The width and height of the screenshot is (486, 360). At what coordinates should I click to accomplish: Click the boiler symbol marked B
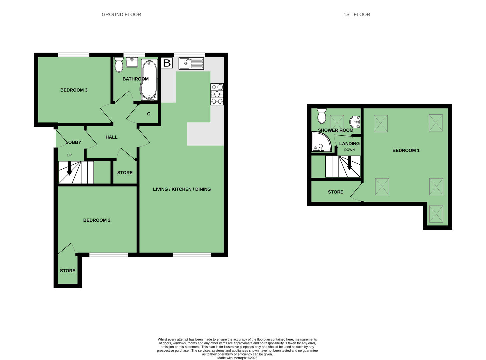(x=167, y=63)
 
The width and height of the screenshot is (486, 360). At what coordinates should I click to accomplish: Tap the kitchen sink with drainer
(x=191, y=64)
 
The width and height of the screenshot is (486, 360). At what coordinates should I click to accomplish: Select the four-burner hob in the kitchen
(x=217, y=94)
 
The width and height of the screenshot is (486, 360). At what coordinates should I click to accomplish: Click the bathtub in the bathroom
(x=149, y=80)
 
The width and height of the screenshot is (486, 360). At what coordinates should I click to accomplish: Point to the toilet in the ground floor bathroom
(x=119, y=65)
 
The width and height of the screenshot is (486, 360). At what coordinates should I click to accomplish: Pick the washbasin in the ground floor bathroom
(x=132, y=62)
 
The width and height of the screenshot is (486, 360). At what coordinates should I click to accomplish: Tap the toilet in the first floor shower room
(x=322, y=116)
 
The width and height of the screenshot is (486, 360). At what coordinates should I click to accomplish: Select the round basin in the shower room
(x=355, y=122)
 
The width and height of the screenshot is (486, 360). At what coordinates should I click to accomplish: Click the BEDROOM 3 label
(x=74, y=90)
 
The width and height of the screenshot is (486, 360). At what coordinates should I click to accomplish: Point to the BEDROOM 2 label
(x=97, y=220)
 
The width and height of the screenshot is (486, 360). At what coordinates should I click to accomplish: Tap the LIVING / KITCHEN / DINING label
(x=182, y=189)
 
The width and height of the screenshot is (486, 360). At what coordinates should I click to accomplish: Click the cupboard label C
(x=149, y=114)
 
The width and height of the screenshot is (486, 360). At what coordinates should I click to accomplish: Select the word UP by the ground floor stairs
(x=69, y=155)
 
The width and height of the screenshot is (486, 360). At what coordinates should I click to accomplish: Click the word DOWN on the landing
(x=349, y=150)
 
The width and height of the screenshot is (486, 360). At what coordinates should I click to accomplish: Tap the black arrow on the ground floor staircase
(x=69, y=168)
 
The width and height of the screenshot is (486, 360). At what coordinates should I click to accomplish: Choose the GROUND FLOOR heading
(x=121, y=14)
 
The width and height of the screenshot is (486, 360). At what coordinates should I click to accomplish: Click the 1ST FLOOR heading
(x=357, y=14)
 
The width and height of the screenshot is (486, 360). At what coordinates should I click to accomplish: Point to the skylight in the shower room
(x=337, y=122)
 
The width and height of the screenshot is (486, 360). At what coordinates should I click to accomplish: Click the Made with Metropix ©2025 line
(x=237, y=358)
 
